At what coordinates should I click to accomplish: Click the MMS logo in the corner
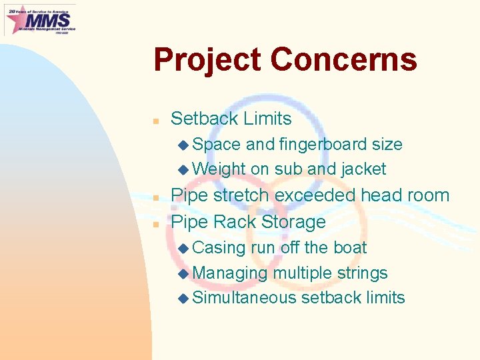coord(40,19)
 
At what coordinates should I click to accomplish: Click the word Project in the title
coord(207,60)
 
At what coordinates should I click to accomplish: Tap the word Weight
coord(219,169)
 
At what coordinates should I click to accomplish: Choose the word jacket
coord(363,169)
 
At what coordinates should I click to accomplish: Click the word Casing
coord(219,247)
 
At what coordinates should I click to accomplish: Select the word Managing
coord(230,273)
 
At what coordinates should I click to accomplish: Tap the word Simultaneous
coord(244,297)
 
